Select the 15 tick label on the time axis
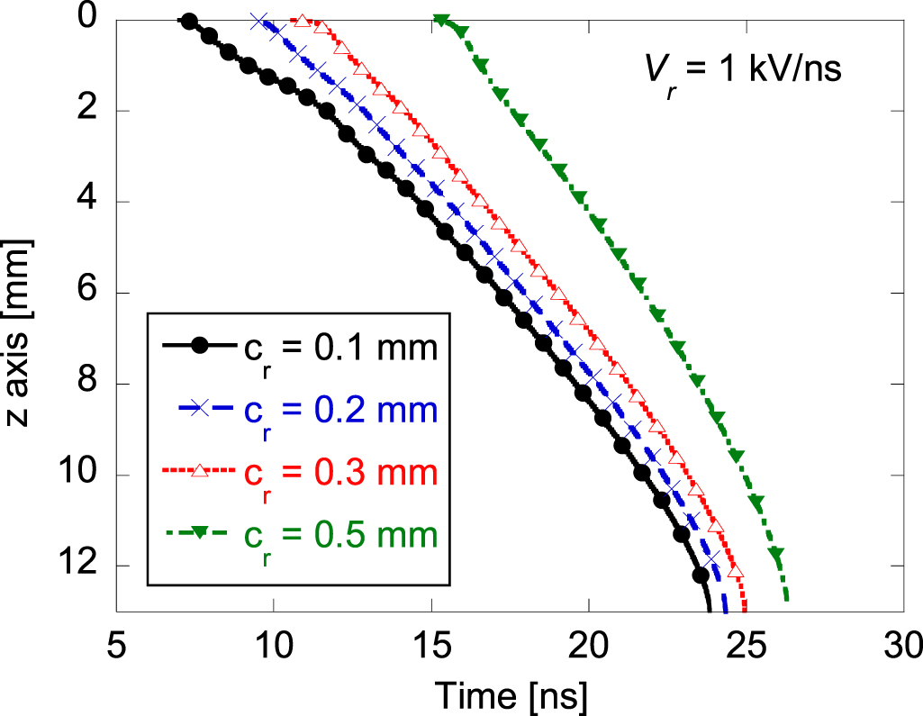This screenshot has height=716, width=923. [x=430, y=647]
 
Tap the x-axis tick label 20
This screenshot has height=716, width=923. [x=588, y=647]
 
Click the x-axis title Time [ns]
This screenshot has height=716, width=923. [x=512, y=693]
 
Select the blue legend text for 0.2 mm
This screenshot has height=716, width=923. [x=340, y=411]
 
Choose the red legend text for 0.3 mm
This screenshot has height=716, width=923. [x=340, y=473]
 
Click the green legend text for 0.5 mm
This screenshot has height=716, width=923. [x=340, y=535]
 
